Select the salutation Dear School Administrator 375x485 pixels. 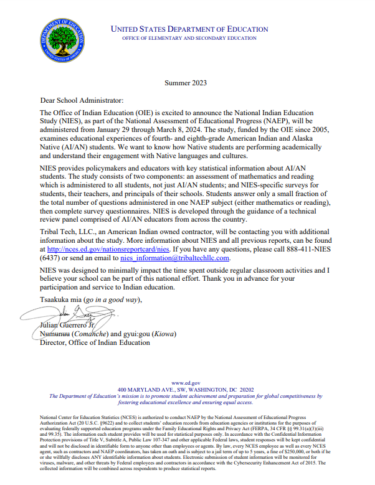73,100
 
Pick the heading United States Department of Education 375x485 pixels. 189,29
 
